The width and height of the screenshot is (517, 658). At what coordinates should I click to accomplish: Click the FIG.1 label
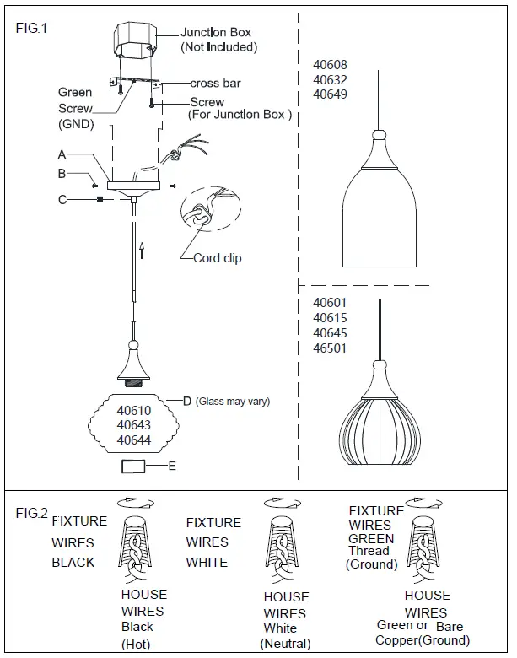point(32,28)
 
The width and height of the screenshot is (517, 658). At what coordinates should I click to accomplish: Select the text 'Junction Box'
point(216,33)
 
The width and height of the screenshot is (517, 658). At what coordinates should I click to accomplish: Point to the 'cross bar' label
point(216,84)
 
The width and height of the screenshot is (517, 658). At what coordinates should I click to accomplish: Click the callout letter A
point(62,155)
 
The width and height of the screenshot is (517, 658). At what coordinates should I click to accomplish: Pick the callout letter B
point(62,174)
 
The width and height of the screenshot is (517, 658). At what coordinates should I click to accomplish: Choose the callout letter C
point(62,200)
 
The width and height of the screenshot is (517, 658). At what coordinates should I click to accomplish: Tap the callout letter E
point(172,465)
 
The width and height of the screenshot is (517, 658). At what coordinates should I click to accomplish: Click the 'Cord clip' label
point(217,258)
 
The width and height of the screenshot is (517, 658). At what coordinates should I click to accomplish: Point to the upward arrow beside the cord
point(143,248)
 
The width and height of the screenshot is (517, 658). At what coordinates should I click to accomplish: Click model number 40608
point(330,65)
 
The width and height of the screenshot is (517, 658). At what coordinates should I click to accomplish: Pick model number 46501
point(330,348)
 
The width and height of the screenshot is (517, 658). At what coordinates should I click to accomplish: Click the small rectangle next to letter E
point(135,466)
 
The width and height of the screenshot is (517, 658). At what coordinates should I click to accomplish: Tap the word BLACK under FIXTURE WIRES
point(73,562)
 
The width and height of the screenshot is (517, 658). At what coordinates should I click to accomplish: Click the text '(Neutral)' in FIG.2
point(285,644)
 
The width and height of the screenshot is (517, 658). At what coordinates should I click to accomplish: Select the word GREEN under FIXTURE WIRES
point(371,538)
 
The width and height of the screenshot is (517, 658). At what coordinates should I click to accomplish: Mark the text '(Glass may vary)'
point(233,402)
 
